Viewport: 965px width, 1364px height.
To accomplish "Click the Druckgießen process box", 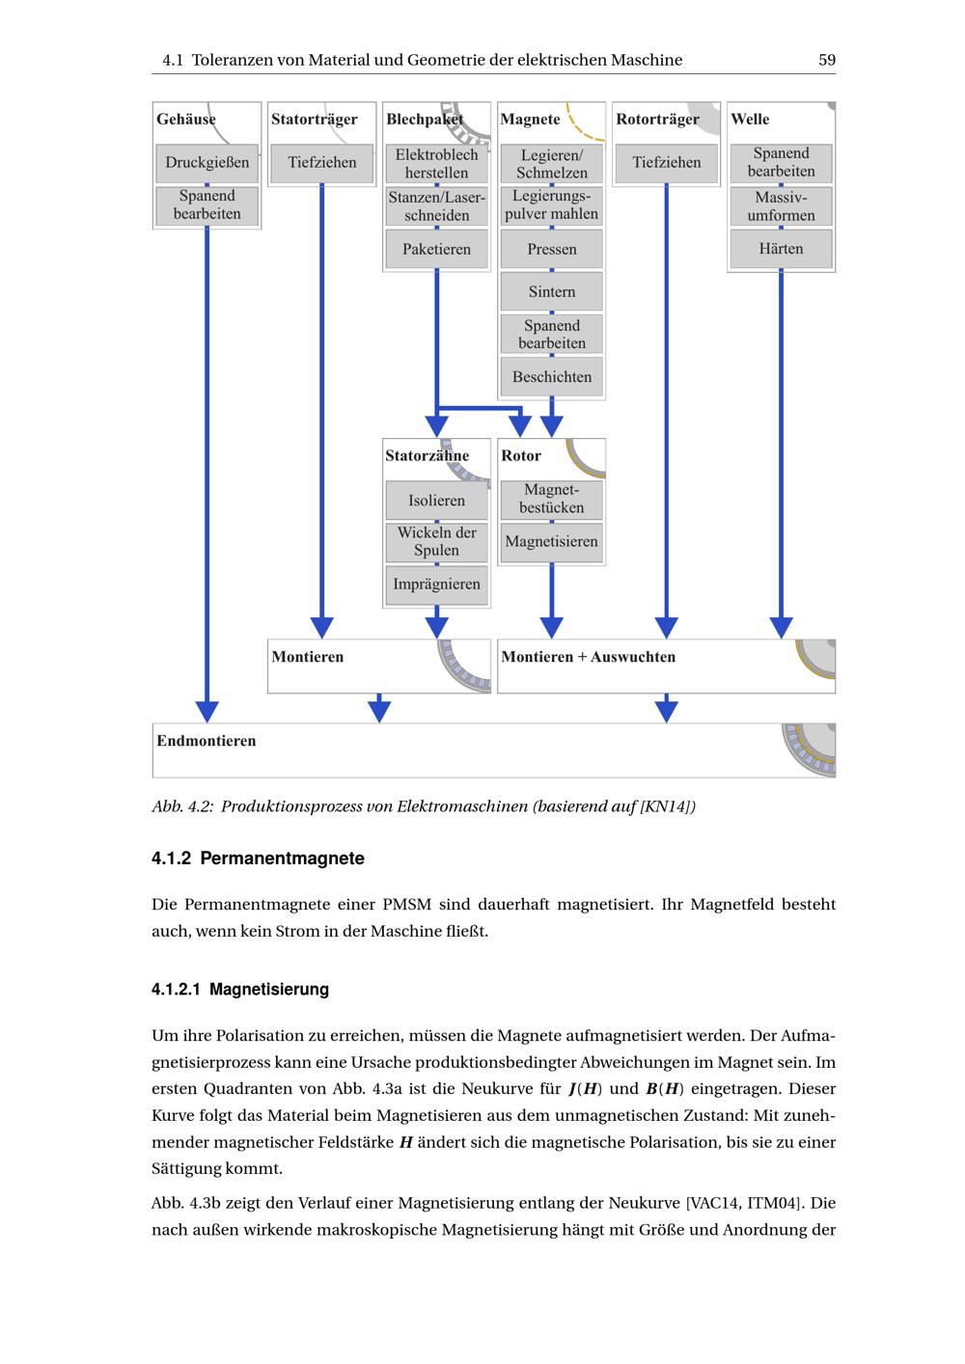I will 207,163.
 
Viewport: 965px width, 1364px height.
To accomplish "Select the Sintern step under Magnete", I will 551,291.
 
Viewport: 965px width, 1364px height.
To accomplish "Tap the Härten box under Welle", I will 781,249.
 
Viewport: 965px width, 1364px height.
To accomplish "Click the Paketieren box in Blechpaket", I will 436,249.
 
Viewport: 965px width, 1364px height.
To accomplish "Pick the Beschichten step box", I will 551,377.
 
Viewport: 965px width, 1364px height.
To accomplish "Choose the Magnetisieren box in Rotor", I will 551,541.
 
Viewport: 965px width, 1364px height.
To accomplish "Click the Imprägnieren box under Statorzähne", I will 436,585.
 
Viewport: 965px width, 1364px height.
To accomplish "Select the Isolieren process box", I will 436,501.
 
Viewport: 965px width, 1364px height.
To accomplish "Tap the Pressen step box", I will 551,249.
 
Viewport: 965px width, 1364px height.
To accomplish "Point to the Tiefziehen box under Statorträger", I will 321,163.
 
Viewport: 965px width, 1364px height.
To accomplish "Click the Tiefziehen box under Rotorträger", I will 666,163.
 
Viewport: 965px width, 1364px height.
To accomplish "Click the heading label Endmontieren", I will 207,741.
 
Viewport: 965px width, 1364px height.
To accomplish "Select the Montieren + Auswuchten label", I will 588,657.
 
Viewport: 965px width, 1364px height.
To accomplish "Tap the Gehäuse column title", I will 186,120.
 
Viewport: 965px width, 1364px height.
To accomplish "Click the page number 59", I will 827,60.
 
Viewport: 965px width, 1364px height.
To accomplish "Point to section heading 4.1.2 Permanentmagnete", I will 258,859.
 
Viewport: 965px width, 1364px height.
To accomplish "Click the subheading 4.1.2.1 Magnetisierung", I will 240,990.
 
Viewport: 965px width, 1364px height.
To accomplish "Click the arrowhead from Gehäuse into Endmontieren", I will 207,712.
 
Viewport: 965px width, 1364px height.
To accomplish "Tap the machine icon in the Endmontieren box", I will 808,750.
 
